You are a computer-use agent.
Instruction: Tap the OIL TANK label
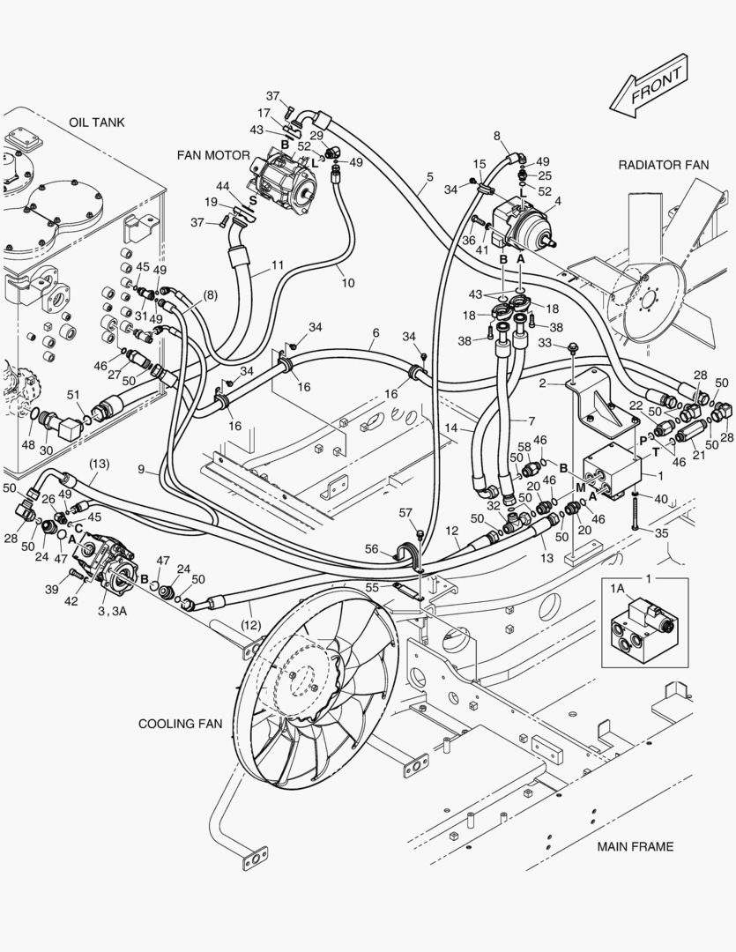tap(96, 123)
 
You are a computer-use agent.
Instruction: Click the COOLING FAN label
tap(180, 724)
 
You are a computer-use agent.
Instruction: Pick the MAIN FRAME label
tap(635, 847)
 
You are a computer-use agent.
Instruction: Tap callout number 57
tap(405, 512)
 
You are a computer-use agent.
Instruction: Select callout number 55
tap(397, 586)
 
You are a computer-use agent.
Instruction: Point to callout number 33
tap(545, 343)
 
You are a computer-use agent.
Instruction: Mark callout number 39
tap(52, 589)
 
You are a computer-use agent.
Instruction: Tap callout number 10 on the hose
tap(348, 283)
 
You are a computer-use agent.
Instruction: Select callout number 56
tap(373, 548)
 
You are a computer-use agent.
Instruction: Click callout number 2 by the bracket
tap(544, 383)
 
